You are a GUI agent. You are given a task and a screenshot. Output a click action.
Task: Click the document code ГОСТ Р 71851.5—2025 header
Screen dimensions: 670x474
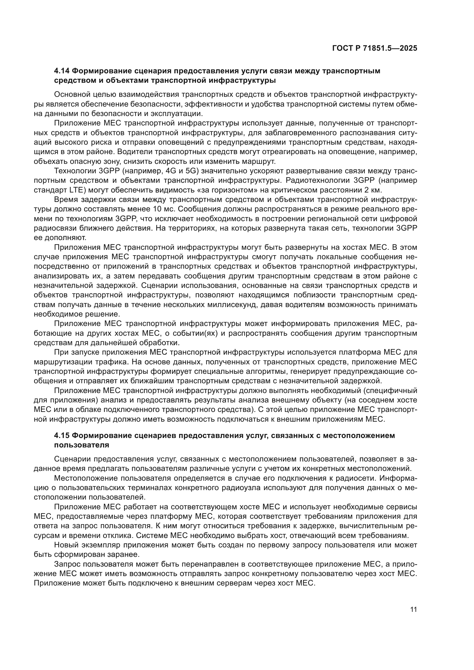(375, 48)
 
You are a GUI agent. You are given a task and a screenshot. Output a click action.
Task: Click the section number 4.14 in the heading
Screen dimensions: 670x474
(61, 71)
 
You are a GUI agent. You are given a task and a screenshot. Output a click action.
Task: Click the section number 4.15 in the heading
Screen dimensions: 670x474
(61, 435)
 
